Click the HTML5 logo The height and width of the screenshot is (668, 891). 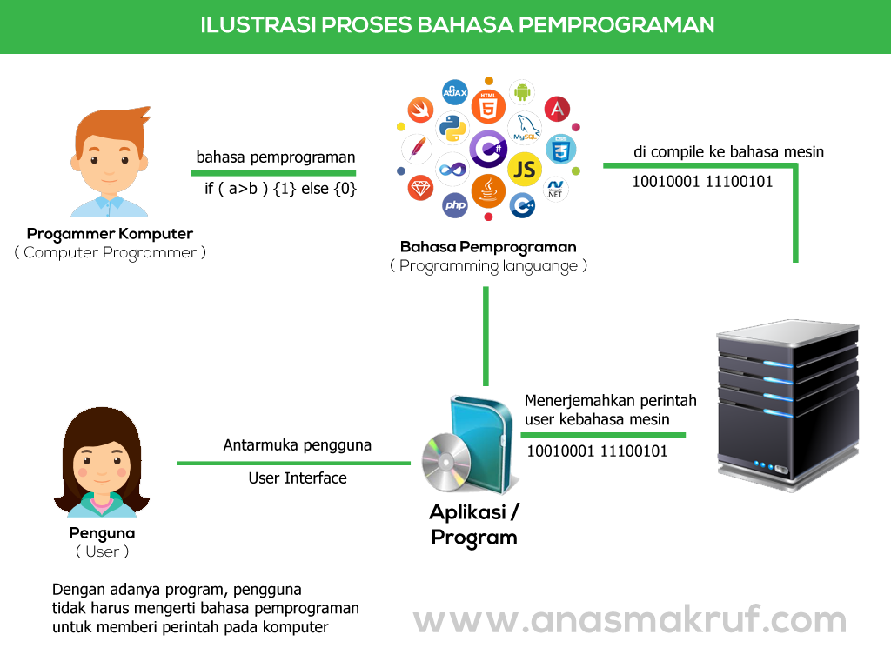[488, 107]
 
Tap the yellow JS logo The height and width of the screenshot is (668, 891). [524, 169]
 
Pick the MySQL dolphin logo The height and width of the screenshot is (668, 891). [526, 128]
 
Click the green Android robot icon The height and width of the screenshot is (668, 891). [522, 91]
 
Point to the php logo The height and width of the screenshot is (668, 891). [455, 205]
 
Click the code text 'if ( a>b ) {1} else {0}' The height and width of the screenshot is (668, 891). [280, 188]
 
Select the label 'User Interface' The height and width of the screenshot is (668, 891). [297, 478]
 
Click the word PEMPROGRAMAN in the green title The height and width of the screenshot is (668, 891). [616, 24]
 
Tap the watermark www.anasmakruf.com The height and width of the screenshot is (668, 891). [629, 620]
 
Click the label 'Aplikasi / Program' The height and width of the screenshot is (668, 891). [473, 524]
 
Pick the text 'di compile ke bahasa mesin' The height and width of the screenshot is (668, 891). [727, 152]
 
